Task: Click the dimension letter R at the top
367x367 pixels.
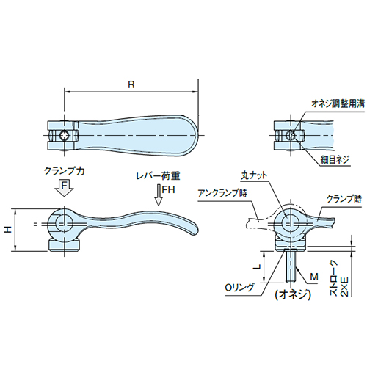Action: pos(131,84)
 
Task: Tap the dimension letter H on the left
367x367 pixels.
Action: pos(8,230)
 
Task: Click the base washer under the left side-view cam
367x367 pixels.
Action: pos(64,244)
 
